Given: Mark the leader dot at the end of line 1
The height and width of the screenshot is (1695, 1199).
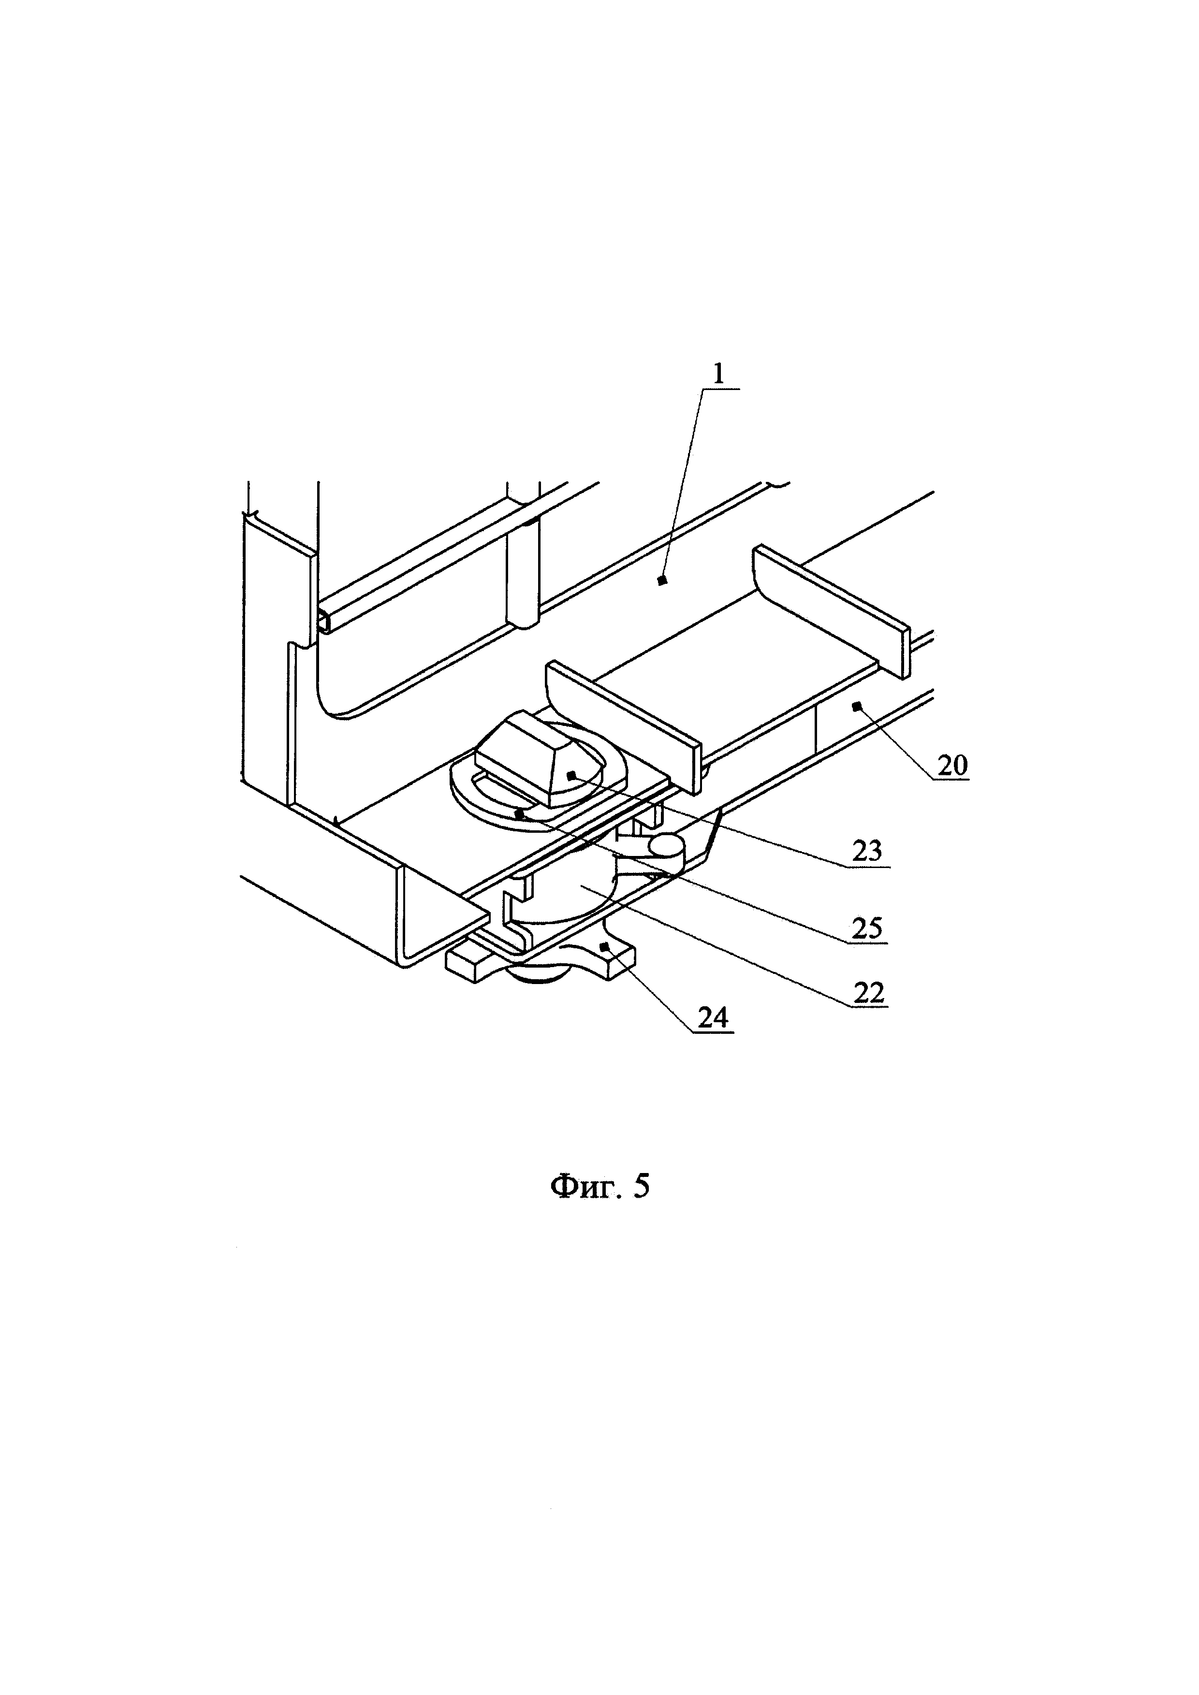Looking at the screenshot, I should (661, 581).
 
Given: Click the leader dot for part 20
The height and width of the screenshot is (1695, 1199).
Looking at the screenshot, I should (856, 707).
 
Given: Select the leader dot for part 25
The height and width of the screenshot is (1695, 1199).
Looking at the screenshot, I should (520, 815).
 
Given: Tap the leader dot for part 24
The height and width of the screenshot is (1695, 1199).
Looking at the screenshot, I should (603, 946).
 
